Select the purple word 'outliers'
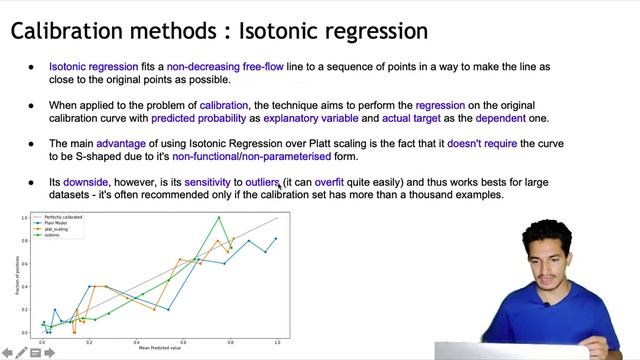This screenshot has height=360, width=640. coord(261,182)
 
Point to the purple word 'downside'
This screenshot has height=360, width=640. coord(85,182)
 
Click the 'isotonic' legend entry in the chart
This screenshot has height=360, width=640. coord(52,235)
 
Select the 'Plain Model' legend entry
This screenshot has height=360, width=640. coord(55,223)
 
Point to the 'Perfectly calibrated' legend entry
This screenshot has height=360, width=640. coord(61,217)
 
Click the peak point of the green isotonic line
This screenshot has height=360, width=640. coord(219,218)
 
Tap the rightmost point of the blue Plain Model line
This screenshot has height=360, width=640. coord(276,239)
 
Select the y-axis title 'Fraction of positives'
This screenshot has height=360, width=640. coord(17,276)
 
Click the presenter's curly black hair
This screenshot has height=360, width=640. coord(556,228)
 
